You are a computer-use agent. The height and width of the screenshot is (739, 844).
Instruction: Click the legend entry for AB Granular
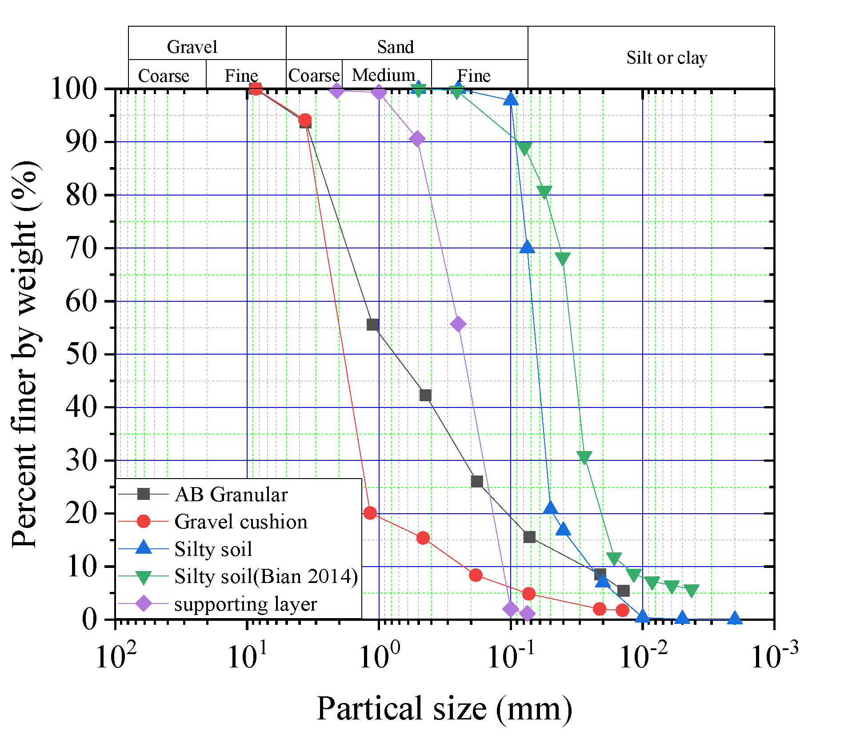point(231,495)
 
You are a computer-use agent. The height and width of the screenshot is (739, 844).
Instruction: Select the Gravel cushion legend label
point(240,522)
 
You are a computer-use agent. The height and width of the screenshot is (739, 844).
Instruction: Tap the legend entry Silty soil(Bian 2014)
point(266,576)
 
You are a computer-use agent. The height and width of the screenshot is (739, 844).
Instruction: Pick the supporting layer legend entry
point(245,604)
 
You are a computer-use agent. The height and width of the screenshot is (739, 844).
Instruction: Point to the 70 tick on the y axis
point(82,248)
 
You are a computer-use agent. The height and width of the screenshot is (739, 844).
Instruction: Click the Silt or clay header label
point(666,58)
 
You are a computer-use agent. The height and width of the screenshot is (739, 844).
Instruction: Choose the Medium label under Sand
point(384,75)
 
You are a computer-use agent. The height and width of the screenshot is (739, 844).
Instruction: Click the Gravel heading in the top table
point(192,47)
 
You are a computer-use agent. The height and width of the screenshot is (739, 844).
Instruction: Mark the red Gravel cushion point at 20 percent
point(370,513)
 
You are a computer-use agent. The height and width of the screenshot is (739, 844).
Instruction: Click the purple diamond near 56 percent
point(458,324)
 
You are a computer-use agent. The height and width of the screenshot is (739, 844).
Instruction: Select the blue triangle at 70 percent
point(527,247)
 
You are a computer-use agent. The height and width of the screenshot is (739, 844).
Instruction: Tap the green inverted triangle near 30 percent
point(584,457)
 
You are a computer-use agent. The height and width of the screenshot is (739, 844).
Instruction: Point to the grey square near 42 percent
point(425,395)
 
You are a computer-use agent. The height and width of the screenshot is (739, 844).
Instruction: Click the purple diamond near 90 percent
point(417,139)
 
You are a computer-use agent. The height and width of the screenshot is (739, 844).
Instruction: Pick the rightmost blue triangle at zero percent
point(734,618)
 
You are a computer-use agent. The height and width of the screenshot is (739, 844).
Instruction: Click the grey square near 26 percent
point(476,482)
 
